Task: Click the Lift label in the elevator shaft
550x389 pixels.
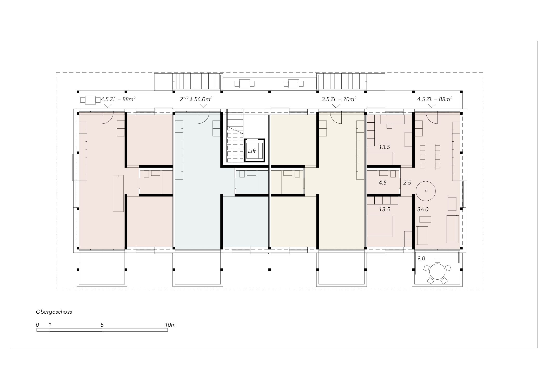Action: pyautogui.click(x=252, y=151)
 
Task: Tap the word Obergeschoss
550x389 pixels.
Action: pyautogui.click(x=54, y=312)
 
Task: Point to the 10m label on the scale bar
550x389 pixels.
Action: pyautogui.click(x=170, y=325)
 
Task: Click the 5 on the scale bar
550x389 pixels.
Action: pyautogui.click(x=102, y=325)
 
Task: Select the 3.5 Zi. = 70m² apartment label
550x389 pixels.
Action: pyautogui.click(x=339, y=99)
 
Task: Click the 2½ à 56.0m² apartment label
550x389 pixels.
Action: pyautogui.click(x=196, y=99)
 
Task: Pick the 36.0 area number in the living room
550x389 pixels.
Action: pyautogui.click(x=423, y=209)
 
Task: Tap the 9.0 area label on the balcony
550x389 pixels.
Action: pyautogui.click(x=421, y=259)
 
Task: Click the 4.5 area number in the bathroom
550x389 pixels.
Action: pyautogui.click(x=383, y=183)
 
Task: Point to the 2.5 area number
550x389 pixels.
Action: pyautogui.click(x=407, y=183)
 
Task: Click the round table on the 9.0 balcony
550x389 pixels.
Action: pyautogui.click(x=438, y=272)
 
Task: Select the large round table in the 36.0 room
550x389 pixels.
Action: pyautogui.click(x=426, y=191)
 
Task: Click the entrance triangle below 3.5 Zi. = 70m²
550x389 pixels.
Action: pyautogui.click(x=336, y=106)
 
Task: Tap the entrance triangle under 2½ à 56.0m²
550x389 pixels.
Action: pyautogui.click(x=203, y=106)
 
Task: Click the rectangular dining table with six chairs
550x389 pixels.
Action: pyautogui.click(x=430, y=157)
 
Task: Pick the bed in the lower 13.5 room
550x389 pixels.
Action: pyautogui.click(x=380, y=226)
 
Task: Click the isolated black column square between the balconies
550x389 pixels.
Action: pyautogui.click(x=270, y=270)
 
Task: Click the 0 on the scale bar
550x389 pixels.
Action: pyautogui.click(x=38, y=325)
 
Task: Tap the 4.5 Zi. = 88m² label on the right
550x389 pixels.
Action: pyautogui.click(x=435, y=99)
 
